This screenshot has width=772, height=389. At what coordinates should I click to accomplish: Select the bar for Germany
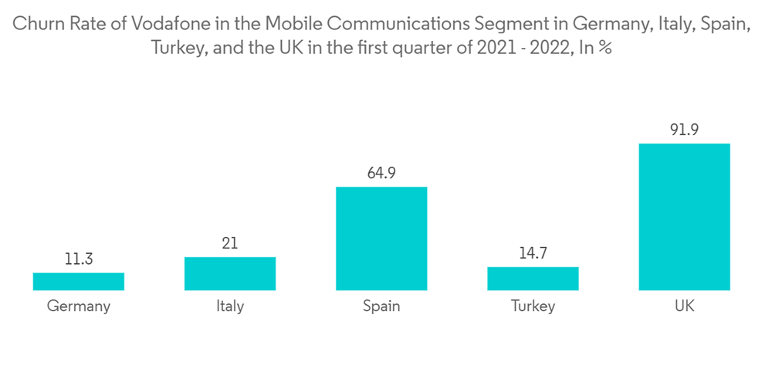click(x=79, y=282)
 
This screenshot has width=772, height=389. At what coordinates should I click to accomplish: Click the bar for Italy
click(x=230, y=274)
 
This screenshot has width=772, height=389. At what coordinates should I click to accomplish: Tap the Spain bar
click(x=381, y=238)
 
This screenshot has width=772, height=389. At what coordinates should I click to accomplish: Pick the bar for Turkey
click(x=533, y=279)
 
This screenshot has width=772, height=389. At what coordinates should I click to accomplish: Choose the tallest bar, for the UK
click(x=684, y=217)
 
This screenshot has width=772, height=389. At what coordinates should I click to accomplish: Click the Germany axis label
click(x=79, y=306)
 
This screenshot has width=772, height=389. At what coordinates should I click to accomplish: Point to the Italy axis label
click(x=230, y=306)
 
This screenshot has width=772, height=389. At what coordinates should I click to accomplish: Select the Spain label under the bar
click(x=381, y=307)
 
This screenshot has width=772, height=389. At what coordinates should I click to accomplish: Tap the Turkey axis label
click(x=533, y=307)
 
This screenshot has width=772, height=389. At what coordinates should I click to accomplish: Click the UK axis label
click(x=684, y=306)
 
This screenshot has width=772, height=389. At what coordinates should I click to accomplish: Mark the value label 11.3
click(x=79, y=259)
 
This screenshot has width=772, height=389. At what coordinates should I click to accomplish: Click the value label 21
click(x=230, y=244)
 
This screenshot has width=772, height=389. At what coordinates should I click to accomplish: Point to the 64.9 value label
click(x=381, y=174)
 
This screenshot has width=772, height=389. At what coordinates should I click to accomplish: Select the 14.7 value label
click(x=533, y=254)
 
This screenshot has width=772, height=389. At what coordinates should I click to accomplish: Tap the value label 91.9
click(x=684, y=130)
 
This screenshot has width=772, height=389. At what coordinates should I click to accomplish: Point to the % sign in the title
click(x=606, y=48)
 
